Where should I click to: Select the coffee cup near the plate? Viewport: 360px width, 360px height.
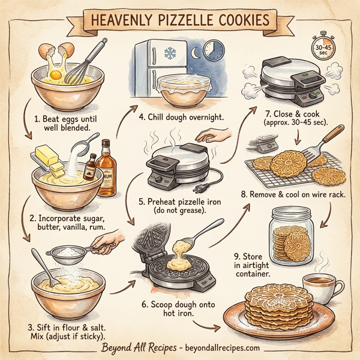point(318,288)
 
